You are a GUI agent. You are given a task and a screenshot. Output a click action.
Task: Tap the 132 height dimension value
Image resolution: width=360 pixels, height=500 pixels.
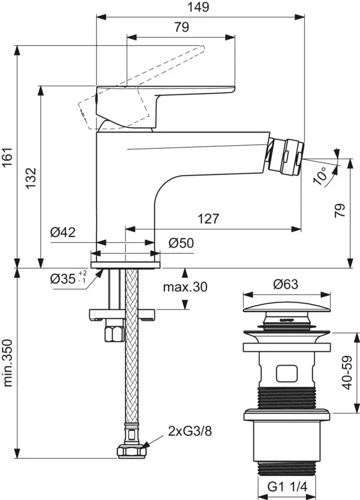click(31, 179)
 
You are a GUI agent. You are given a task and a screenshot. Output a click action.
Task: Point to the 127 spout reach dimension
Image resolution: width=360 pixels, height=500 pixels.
click(208, 219)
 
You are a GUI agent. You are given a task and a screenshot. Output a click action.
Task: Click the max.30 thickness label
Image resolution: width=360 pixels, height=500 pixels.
click(185, 287)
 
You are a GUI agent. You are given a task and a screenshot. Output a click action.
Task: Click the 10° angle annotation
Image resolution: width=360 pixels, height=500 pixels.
click(322, 175)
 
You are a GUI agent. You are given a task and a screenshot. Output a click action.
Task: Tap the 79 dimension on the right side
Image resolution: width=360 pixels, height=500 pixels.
click(340, 211)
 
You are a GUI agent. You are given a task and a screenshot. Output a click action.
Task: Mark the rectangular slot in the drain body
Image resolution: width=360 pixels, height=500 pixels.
click(286, 375)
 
